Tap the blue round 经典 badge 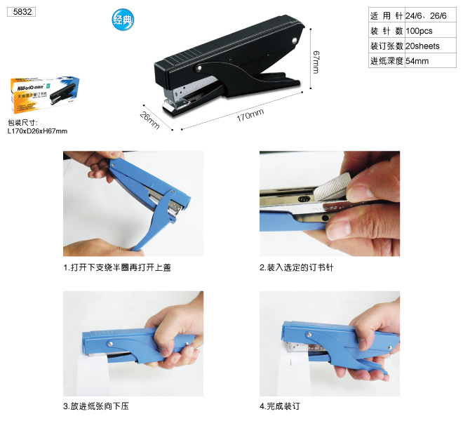pos(122,20)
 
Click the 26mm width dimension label pos(149,120)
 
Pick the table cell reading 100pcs pos(419,32)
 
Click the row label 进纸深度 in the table pos(387,61)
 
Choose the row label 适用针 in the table pos(387,16)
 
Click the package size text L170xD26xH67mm pos(38,131)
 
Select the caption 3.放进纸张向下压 pos(96,406)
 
